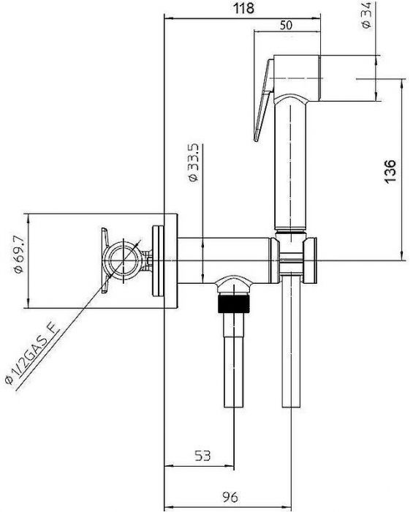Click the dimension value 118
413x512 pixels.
click(x=243, y=8)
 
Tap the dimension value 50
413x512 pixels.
click(x=286, y=26)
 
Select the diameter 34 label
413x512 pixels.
click(x=367, y=15)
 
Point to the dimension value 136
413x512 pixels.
click(x=390, y=171)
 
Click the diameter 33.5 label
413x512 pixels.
click(x=193, y=163)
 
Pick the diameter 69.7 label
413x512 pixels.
click(x=19, y=254)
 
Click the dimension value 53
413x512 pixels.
click(x=202, y=455)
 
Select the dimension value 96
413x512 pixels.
click(x=230, y=497)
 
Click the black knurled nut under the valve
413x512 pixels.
click(x=234, y=304)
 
